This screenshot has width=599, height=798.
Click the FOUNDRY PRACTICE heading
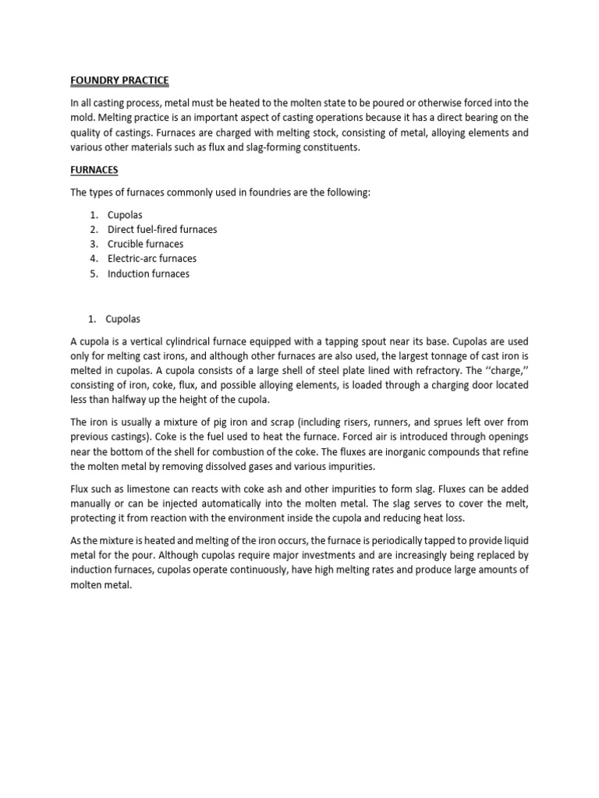tap(119, 81)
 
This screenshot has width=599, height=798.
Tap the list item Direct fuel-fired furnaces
tap(162, 229)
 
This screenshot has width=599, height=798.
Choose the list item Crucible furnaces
tap(145, 244)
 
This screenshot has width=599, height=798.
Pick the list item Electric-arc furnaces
tap(152, 259)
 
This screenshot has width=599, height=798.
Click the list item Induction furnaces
tap(148, 274)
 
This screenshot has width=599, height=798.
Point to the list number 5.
tap(92, 274)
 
